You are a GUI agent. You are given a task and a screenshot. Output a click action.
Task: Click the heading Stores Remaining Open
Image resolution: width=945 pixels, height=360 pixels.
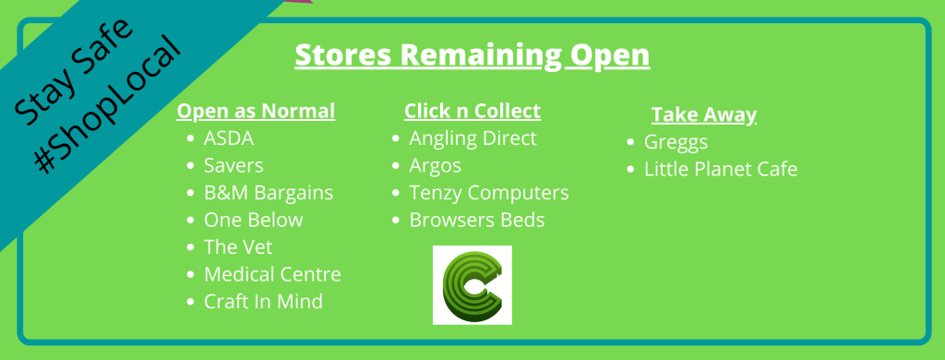(472, 55)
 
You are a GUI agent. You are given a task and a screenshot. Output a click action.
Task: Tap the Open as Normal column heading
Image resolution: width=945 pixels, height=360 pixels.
(256, 112)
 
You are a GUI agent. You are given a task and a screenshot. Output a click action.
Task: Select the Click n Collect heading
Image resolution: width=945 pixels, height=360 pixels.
(472, 111)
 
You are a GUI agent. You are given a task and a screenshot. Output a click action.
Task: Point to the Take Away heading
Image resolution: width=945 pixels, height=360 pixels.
(704, 114)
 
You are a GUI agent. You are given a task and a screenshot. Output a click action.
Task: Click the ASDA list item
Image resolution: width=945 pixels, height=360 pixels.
(229, 138)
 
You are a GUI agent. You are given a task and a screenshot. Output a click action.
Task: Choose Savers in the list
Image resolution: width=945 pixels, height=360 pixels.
(233, 165)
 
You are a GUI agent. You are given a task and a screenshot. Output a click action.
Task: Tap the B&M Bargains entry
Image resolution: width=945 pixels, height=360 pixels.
(269, 193)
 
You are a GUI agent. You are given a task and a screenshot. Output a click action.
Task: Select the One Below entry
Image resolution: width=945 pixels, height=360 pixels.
(253, 220)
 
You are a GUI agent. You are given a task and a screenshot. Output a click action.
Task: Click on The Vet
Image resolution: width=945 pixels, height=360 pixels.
(238, 247)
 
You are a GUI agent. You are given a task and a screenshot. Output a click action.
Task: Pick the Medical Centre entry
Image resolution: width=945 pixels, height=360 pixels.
(272, 274)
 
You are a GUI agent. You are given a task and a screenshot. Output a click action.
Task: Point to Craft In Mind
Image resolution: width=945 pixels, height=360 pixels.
(263, 302)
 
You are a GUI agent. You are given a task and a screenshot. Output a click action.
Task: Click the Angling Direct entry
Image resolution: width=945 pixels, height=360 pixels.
(472, 138)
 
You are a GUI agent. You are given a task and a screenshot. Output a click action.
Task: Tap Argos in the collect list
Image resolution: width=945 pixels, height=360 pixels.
(436, 166)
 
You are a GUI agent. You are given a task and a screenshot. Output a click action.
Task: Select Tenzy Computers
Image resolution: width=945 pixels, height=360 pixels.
(489, 193)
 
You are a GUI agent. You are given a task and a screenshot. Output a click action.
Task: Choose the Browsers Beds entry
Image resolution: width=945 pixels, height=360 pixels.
(477, 220)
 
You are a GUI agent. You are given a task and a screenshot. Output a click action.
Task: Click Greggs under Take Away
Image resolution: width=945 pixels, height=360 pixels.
(676, 143)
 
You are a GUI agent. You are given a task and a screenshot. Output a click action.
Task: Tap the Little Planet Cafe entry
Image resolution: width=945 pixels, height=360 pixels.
(721, 170)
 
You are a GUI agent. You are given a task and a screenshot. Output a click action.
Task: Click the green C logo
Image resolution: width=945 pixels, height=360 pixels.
(472, 285)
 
